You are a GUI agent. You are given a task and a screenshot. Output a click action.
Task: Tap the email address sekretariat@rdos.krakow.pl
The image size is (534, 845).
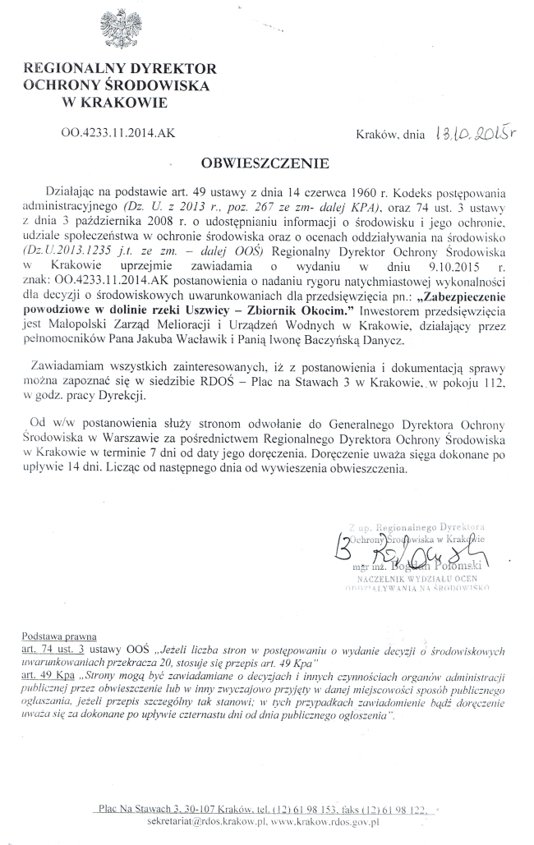coord(194,821)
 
